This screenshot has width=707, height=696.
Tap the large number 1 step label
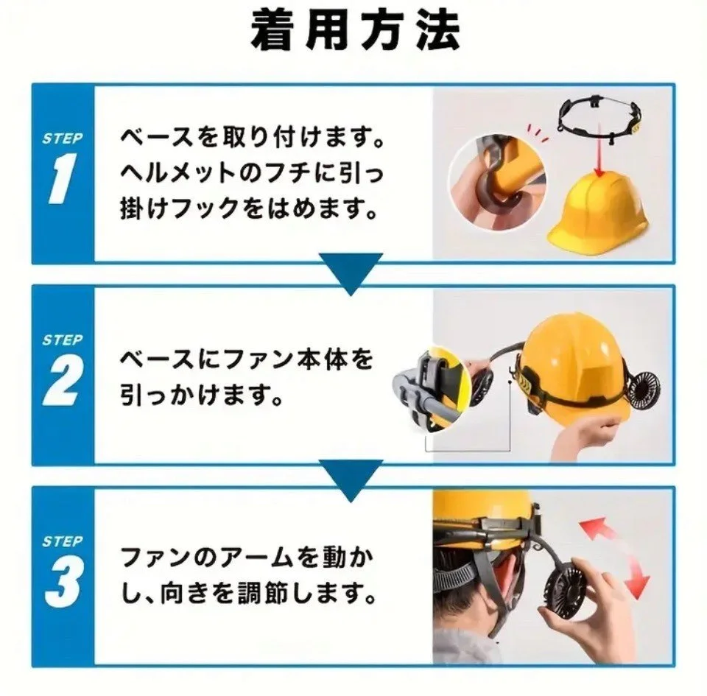coord(62,178)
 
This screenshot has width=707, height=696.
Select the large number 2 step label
coord(63,380)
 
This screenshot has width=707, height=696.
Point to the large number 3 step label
coord(64,582)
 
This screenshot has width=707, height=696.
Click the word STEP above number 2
coord(63,340)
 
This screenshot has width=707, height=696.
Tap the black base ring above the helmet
coord(599,119)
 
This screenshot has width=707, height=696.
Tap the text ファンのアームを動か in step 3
coord(247,557)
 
